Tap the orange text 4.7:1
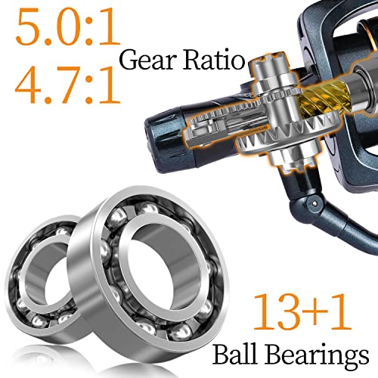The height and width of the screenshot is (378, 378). coord(62,85)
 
